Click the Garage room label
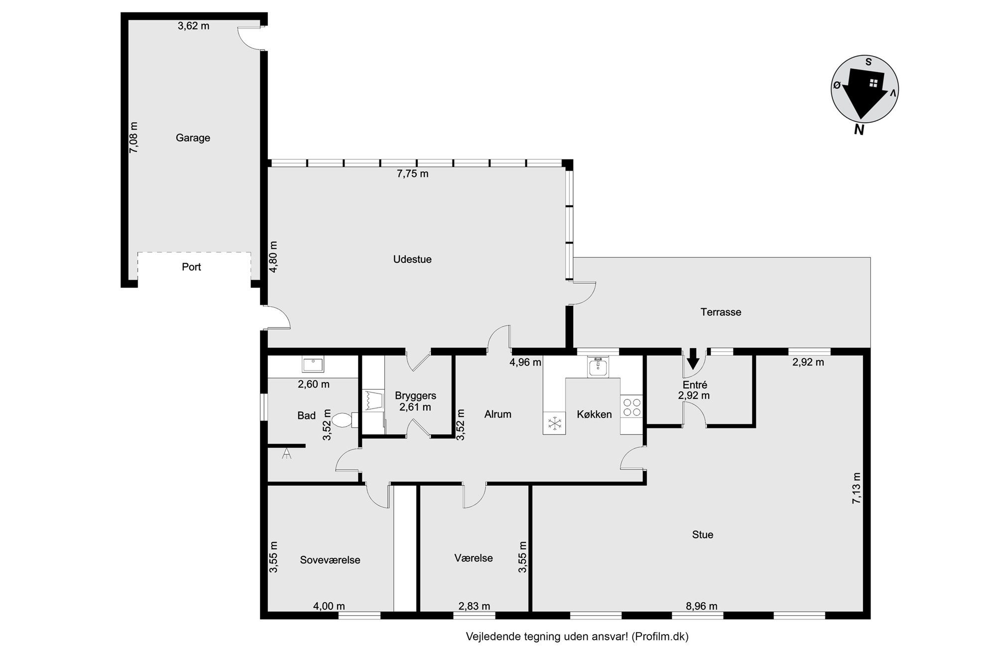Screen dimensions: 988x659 click(x=193, y=138)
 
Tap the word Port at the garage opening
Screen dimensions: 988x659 click(x=191, y=267)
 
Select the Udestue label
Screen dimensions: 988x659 click(x=412, y=260)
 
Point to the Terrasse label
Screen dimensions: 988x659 click(x=721, y=312)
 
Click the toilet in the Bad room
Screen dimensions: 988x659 click(x=344, y=420)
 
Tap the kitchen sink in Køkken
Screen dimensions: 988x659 click(x=597, y=367)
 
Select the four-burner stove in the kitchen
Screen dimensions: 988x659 click(x=632, y=407)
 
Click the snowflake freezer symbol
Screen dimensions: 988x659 click(x=555, y=423)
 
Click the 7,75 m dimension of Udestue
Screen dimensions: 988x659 click(x=412, y=174)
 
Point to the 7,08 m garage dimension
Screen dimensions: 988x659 click(x=134, y=137)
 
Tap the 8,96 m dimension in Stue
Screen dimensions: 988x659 click(x=702, y=606)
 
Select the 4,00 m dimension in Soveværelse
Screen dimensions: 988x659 click(x=329, y=606)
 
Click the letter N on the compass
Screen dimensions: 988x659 click(x=859, y=130)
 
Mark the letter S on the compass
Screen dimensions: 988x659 click(x=868, y=62)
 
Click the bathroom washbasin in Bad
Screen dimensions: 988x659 click(x=313, y=365)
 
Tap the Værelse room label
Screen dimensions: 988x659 click(x=474, y=558)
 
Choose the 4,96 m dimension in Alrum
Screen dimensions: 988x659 click(x=525, y=363)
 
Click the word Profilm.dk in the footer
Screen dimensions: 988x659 click(x=658, y=637)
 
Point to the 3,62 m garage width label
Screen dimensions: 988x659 click(x=193, y=26)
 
